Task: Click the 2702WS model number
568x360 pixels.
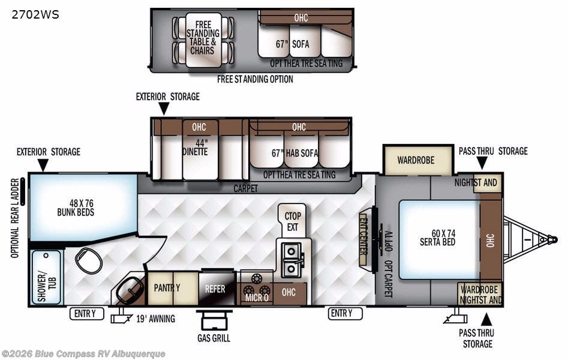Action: point(35,14)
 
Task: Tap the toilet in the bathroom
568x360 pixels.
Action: point(89,260)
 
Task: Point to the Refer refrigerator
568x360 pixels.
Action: point(217,288)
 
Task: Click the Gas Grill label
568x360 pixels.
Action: point(214,338)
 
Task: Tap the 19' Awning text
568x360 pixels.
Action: point(155,319)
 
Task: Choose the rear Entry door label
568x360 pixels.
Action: point(86,313)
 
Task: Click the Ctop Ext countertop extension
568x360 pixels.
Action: point(292,221)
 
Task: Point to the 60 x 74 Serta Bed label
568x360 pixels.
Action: point(438,238)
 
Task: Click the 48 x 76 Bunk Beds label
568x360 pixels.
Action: point(76,208)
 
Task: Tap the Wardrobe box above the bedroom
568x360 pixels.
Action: point(418,160)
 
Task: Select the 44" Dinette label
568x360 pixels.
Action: point(196,148)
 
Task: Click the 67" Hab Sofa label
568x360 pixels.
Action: point(294,154)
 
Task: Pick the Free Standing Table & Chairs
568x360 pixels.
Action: point(203,40)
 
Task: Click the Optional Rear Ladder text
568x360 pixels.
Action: point(15,218)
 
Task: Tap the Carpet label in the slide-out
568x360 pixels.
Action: point(245,188)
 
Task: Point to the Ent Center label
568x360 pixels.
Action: point(363,239)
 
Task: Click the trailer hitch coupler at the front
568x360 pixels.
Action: point(551,239)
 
